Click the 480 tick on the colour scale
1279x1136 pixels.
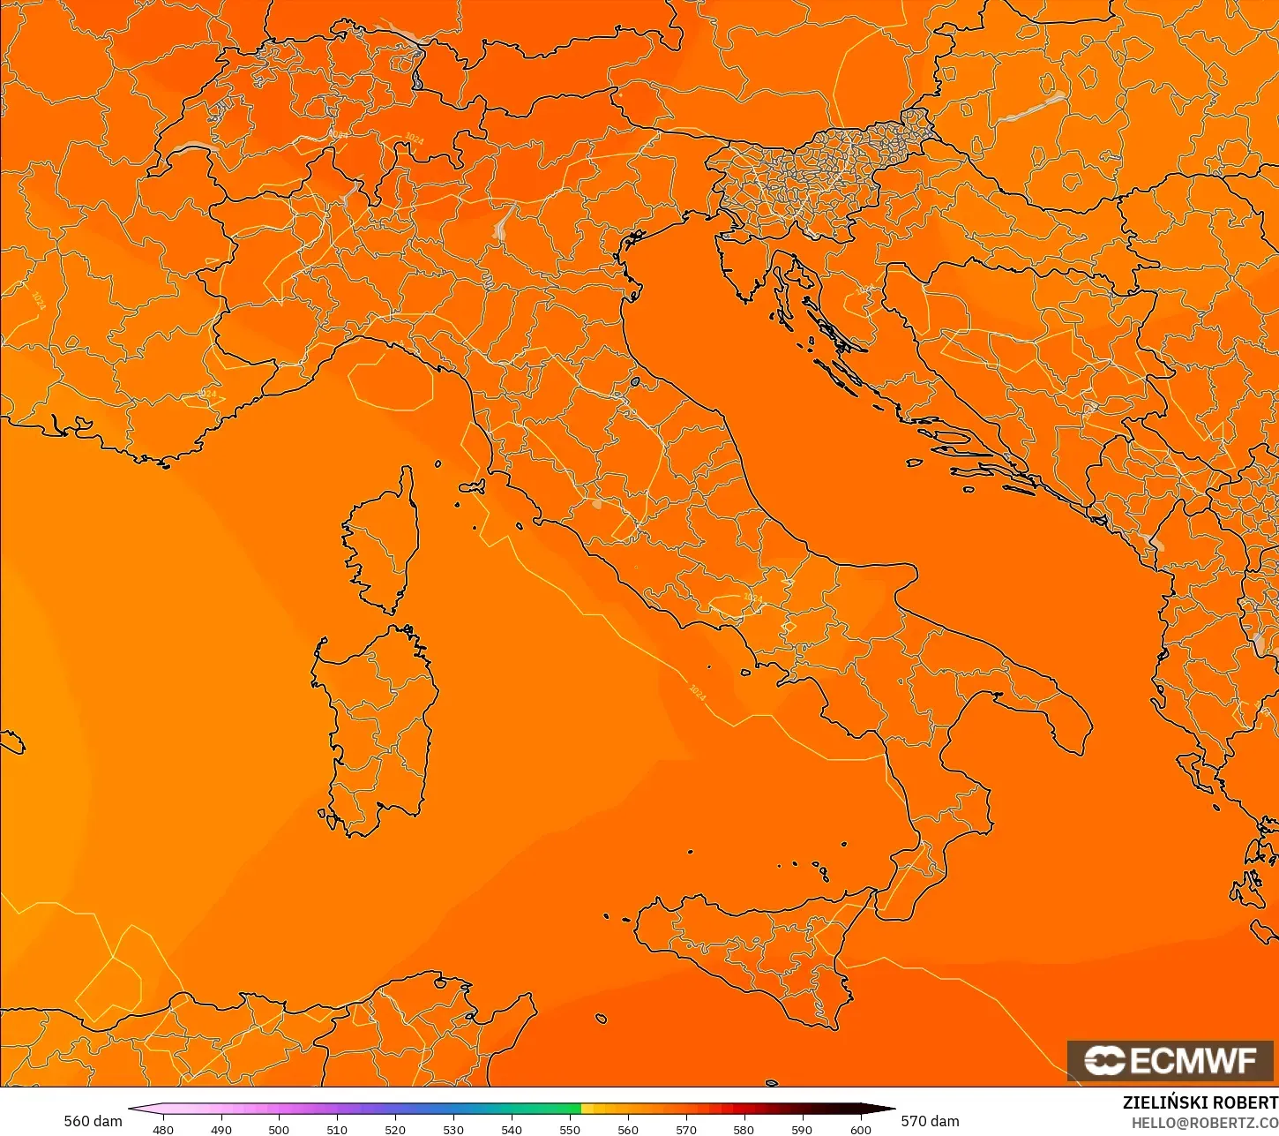pyautogui.click(x=163, y=1129)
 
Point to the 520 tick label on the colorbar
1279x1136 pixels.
pyautogui.click(x=395, y=1129)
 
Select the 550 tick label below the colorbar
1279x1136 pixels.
pyautogui.click(x=570, y=1129)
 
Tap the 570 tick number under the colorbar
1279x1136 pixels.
pyautogui.click(x=686, y=1129)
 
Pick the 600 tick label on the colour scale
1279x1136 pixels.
pyautogui.click(x=860, y=1129)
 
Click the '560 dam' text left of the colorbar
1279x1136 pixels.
pyautogui.click(x=93, y=1121)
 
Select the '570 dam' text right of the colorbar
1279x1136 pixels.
pyautogui.click(x=930, y=1121)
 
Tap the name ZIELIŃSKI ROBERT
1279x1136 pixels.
pyautogui.click(x=1200, y=1102)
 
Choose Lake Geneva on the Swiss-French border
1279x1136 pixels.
pyautogui.click(x=191, y=147)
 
